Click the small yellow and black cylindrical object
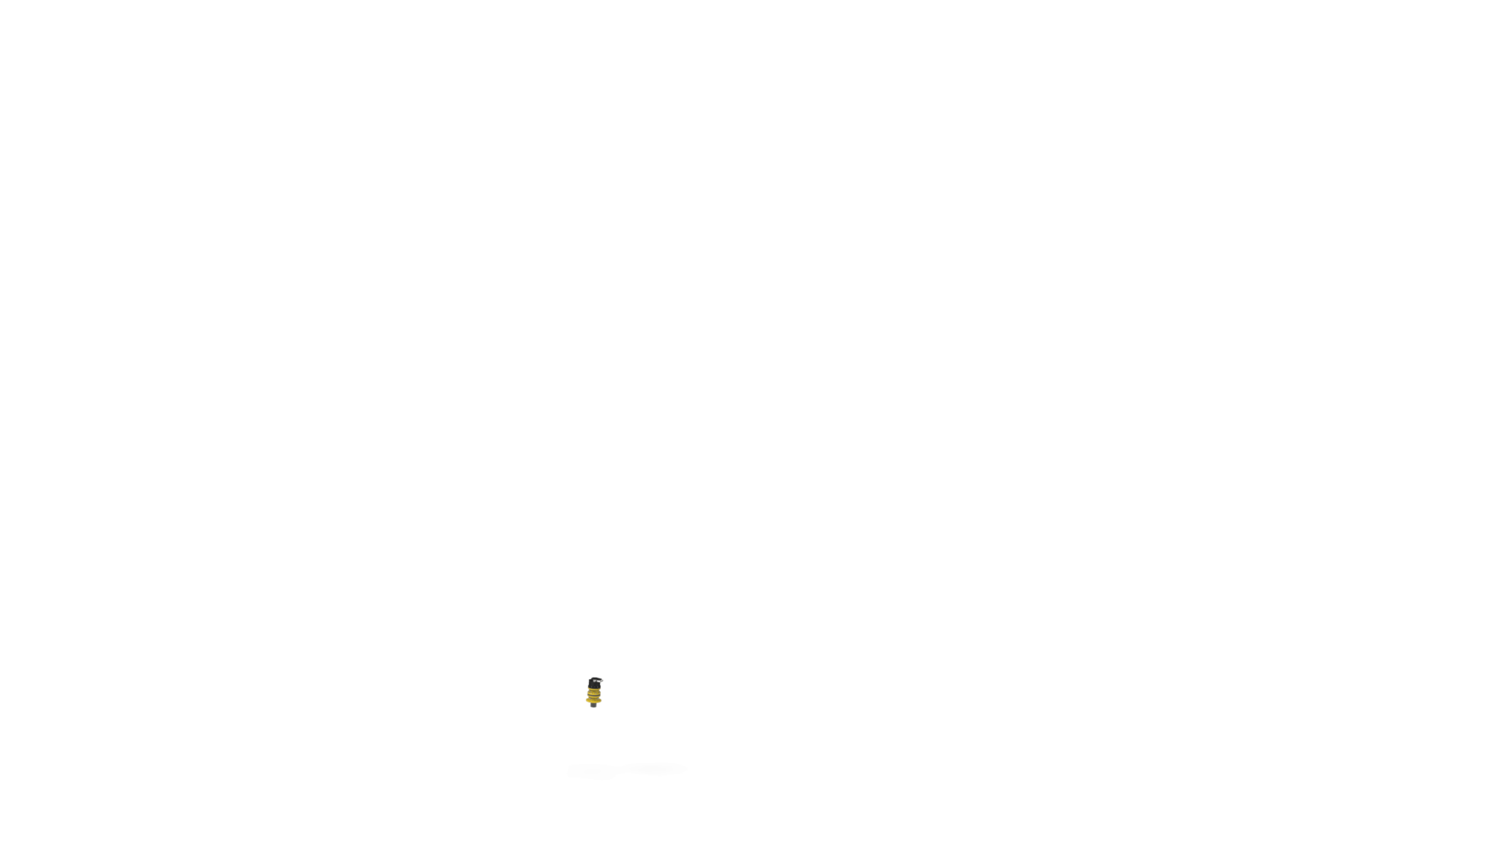(594, 692)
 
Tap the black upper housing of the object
(594, 684)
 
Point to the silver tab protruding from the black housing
(602, 681)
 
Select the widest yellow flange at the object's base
(593, 700)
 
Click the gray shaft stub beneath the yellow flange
(593, 706)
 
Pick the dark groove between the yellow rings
(593, 695)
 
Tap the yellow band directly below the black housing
(594, 689)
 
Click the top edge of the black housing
(595, 677)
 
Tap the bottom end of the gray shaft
(593, 708)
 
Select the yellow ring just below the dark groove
(593, 697)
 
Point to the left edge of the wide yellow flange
(586, 700)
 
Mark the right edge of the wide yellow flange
(601, 700)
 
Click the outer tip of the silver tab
(604, 680)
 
